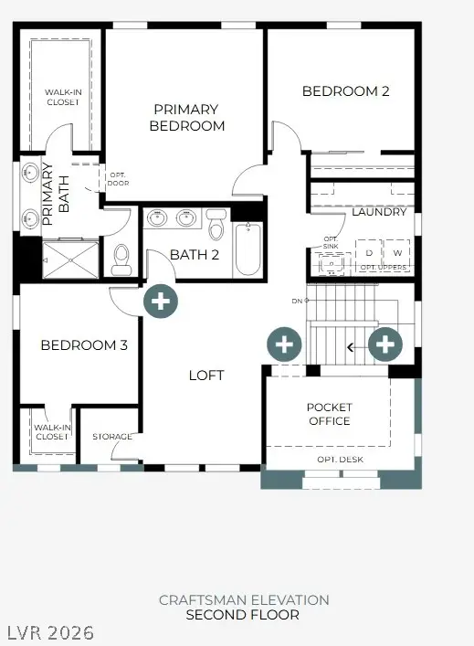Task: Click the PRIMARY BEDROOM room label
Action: point(187,117)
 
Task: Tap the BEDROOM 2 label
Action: point(346,91)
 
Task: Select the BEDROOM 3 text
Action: point(84,345)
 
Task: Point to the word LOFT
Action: point(206,376)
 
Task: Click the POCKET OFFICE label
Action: point(329,414)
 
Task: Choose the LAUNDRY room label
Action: point(378,212)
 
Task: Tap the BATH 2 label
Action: point(195,255)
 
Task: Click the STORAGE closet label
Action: point(112,437)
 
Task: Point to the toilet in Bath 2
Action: point(216,225)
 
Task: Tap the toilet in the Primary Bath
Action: point(121,259)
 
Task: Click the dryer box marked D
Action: point(369,252)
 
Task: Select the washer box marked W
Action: point(396,252)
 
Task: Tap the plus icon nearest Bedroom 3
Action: point(161,300)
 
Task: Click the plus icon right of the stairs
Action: point(385,344)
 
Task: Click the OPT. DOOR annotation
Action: point(118,177)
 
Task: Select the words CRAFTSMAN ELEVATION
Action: point(244,600)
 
